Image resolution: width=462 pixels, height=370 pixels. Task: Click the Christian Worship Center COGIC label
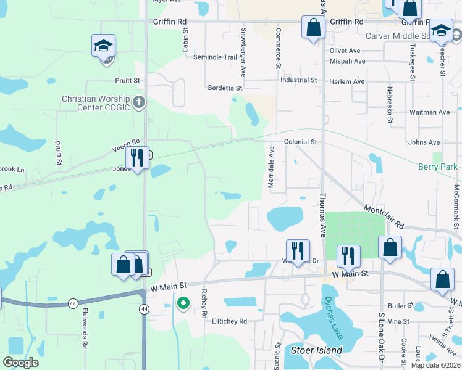[96, 103]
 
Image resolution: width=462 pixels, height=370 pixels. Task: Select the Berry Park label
[438, 166]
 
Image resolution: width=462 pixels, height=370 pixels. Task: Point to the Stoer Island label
[316, 350]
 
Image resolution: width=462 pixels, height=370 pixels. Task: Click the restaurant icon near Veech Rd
[137, 158]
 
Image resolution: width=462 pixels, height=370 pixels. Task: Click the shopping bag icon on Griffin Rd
[313, 27]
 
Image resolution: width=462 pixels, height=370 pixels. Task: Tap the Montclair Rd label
[383, 217]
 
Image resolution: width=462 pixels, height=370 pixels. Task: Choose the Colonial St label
[300, 142]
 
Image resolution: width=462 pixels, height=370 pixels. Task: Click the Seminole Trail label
[215, 57]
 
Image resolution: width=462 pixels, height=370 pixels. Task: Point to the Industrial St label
[298, 80]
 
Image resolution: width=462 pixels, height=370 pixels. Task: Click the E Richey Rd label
[229, 321]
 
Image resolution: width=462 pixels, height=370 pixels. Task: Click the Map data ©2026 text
[435, 365]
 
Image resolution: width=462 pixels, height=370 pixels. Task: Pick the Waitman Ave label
[430, 112]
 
